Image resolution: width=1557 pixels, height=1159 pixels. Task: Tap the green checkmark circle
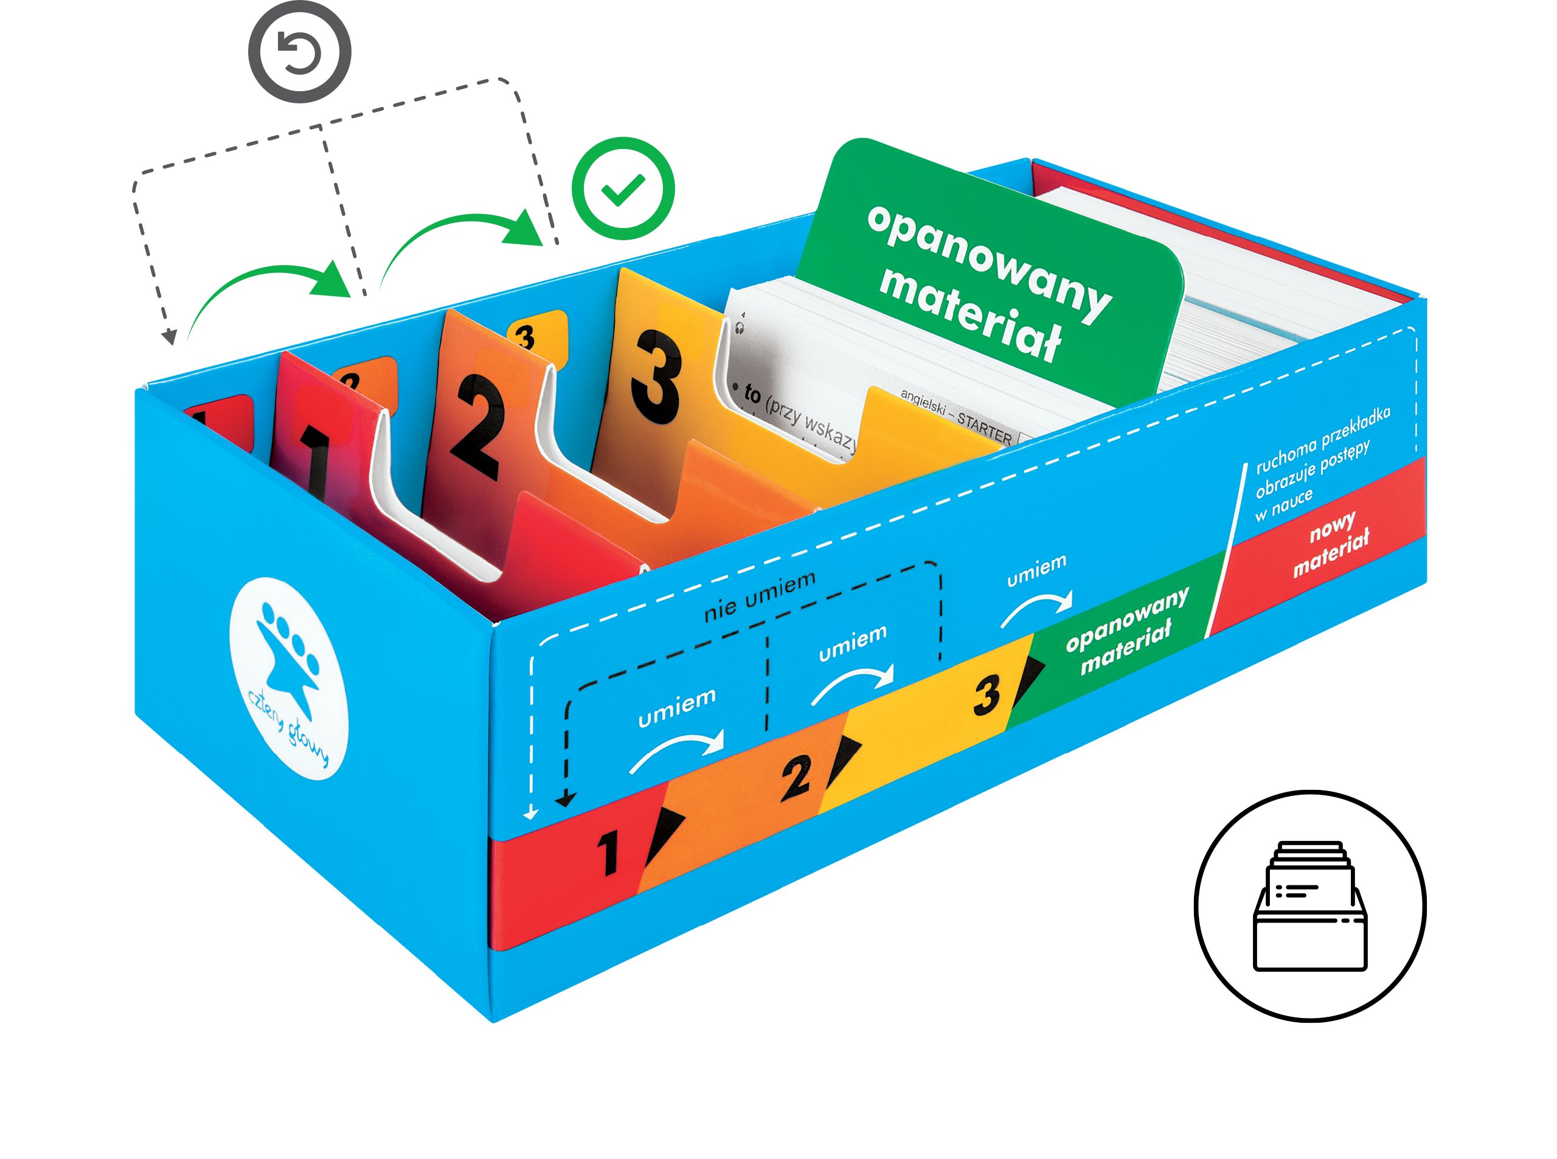[x=622, y=189]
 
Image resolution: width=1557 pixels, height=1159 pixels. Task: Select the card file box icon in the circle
[x=1309, y=905]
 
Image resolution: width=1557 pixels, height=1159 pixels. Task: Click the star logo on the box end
[x=288, y=678]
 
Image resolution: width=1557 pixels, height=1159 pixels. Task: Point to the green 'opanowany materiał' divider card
[x=990, y=274]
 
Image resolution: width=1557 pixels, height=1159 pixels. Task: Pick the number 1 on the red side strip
[x=608, y=852]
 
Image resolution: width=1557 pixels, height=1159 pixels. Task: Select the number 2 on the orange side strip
[x=796, y=777]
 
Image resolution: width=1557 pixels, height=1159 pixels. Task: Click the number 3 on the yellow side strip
[x=986, y=694]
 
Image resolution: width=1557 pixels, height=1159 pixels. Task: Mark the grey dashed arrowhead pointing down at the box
[x=169, y=337]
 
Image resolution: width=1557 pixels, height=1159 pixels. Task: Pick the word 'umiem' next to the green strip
[x=1036, y=571]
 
